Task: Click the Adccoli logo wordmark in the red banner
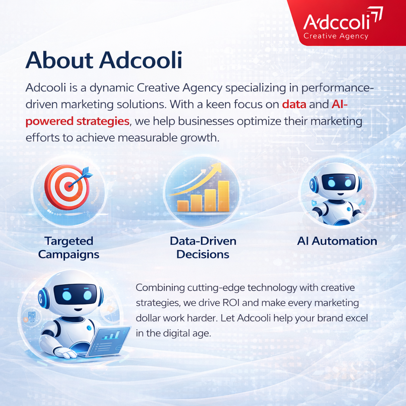point(337,22)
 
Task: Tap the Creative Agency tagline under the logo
point(336,36)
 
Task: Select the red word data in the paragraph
point(294,104)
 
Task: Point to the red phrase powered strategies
point(77,121)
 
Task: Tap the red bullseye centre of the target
point(69,186)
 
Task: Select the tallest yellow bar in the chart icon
point(224,196)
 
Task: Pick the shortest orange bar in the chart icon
point(183,206)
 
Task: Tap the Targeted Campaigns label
point(69,248)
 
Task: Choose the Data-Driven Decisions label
point(203,248)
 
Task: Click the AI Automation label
point(337,241)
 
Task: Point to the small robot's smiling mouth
point(340,194)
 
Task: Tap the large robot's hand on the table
point(65,352)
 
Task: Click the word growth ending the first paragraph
point(198,138)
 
